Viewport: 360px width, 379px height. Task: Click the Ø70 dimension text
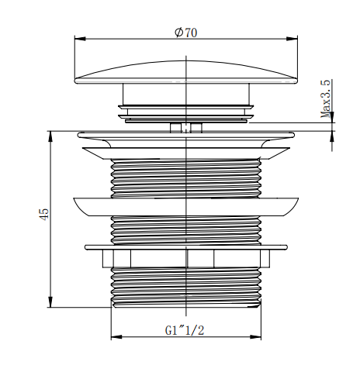(187, 33)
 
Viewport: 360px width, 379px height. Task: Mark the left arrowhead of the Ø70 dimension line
(78, 38)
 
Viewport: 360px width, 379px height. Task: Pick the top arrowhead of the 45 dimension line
(50, 133)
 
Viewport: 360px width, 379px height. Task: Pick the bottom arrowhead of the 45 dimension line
(50, 304)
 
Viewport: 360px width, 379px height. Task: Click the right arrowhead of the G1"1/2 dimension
(259, 336)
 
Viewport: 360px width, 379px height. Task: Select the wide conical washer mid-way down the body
(186, 205)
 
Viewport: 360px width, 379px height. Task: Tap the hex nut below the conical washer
(187, 258)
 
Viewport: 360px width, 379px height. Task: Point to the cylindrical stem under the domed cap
(187, 98)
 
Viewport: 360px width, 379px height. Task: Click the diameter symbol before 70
(178, 33)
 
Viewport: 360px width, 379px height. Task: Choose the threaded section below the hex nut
(187, 288)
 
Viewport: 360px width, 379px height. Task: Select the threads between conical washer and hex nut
(187, 229)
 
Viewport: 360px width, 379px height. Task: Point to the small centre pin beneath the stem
(187, 126)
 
